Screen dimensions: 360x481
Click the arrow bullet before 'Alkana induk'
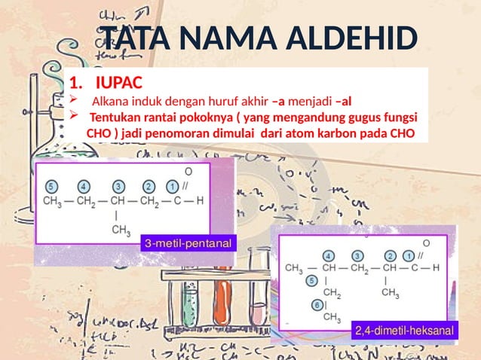coord(72,100)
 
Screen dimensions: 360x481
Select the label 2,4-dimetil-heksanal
coord(406,331)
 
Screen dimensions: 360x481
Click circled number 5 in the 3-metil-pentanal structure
coord(51,186)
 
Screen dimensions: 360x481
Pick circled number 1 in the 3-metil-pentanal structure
coord(173,186)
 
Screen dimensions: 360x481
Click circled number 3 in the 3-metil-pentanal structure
coord(118,186)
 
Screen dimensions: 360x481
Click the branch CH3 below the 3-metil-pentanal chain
coord(121,232)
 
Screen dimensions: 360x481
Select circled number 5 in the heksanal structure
coord(312,280)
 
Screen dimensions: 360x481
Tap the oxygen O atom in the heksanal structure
coord(427,243)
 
